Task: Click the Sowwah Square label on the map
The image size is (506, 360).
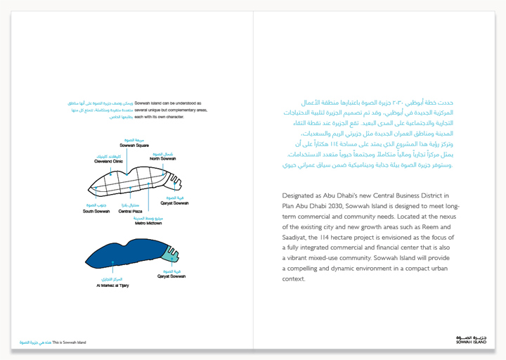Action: coord(133,145)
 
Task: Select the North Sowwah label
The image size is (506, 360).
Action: coord(162,158)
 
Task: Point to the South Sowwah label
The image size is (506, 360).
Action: coord(96,211)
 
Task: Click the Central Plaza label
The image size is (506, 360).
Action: coord(131,211)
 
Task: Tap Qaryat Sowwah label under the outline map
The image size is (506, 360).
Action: coord(174,202)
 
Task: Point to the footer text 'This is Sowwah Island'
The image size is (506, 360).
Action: coord(69,342)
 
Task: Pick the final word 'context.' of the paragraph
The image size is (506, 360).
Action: coord(294,279)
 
